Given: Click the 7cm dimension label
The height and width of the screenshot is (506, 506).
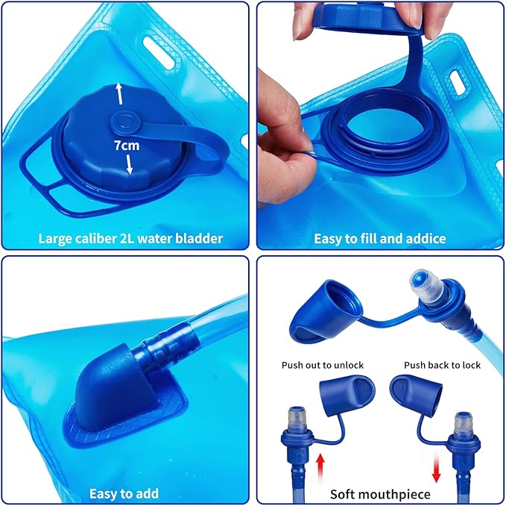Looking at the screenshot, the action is point(127,146).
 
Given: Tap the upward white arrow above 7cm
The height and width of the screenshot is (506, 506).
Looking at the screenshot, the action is point(119,94).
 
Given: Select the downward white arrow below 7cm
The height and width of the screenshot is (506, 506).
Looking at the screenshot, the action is point(129,164).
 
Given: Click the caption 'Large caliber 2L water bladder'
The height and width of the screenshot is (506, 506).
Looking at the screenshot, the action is point(130,239).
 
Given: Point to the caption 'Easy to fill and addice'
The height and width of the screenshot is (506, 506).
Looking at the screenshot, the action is point(380,239).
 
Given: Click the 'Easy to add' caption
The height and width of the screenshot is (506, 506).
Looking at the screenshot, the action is point(124,494).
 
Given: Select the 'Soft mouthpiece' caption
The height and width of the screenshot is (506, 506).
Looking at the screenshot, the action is point(380,494).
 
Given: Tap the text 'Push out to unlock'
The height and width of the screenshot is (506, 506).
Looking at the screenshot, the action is point(323,365).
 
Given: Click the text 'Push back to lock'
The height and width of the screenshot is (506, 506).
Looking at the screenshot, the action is point(442,365).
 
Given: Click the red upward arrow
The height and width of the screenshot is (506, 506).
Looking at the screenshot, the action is point(320,465).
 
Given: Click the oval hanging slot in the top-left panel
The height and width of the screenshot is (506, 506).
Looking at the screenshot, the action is point(159,51).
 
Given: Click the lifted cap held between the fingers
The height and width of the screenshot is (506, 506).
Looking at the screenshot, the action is point(368,18).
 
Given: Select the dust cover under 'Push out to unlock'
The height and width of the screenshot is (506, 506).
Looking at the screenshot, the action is point(347,394).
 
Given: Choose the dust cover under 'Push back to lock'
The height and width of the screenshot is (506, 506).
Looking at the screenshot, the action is point(417,395).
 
